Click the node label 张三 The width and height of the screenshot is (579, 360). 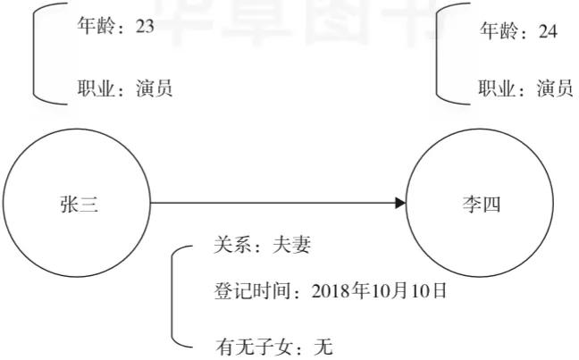click(80, 205)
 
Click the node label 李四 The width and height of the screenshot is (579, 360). click(482, 205)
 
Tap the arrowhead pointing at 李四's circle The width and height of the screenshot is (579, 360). click(400, 203)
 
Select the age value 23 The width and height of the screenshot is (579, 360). click(145, 26)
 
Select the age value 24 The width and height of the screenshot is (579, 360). click(548, 31)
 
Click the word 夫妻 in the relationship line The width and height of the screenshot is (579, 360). click(291, 245)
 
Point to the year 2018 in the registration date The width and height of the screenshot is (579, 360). click(331, 291)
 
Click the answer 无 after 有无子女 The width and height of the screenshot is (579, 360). click(323, 347)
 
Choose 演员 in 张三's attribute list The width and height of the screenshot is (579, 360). click(155, 88)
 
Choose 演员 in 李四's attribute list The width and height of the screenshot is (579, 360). click(555, 88)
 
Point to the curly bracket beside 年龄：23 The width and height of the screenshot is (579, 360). click(34, 54)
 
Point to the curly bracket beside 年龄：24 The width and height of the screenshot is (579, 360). click(437, 54)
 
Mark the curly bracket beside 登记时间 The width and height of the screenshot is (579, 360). click(172, 297)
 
